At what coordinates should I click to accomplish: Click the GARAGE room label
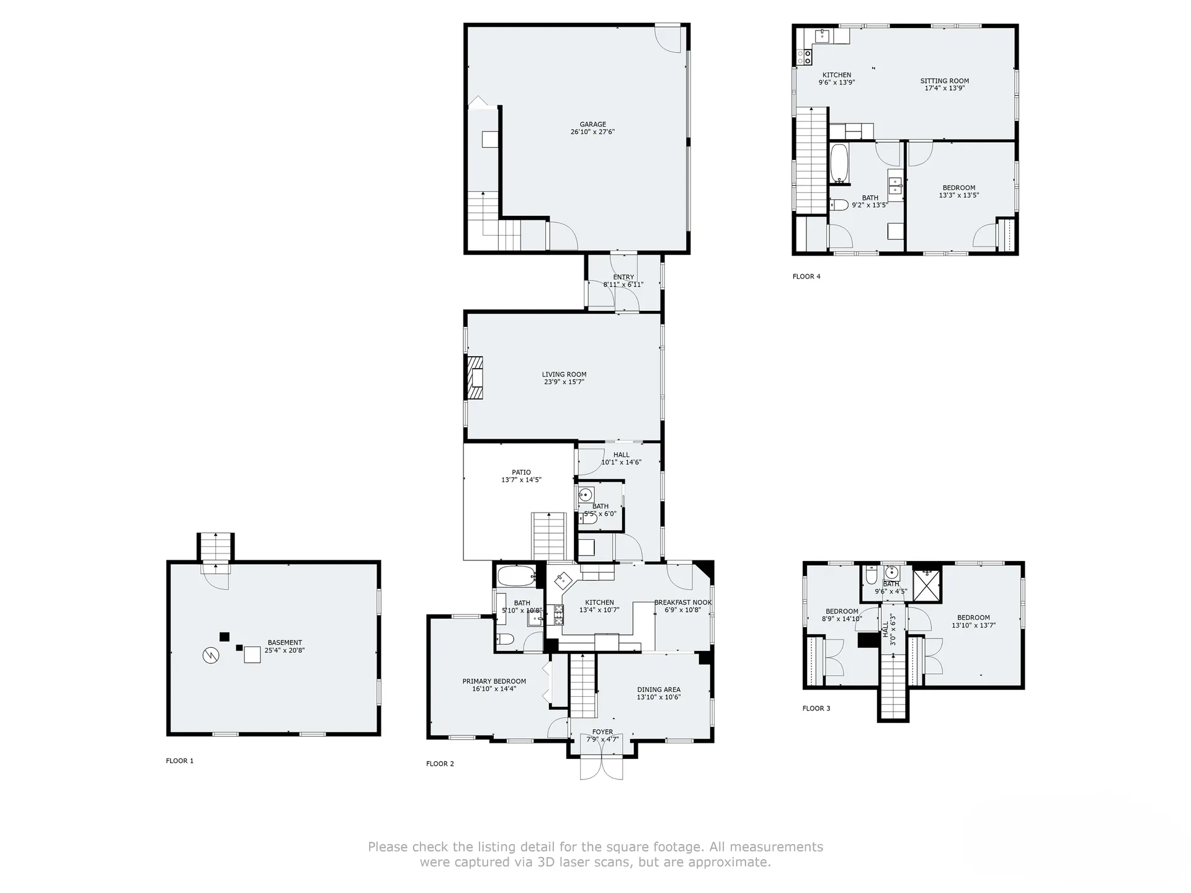[592, 125]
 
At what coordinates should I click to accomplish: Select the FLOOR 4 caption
[806, 277]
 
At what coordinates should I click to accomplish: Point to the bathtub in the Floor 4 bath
[839, 164]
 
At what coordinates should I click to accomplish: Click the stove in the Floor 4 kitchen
[805, 58]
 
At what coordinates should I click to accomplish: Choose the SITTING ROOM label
[945, 81]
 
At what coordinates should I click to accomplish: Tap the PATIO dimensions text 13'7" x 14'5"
[521, 480]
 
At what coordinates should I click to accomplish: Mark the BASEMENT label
[285, 643]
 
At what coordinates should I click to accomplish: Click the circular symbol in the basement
[211, 655]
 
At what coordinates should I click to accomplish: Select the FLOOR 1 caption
[180, 761]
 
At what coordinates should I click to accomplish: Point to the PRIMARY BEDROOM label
[494, 681]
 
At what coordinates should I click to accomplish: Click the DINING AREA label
[659, 689]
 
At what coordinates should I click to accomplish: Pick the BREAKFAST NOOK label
[683, 603]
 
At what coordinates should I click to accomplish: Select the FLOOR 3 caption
[816, 709]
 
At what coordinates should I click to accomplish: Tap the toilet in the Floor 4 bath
[839, 204]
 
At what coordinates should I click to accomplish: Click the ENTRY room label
[623, 277]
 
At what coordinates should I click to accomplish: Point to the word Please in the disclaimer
[388, 847]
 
